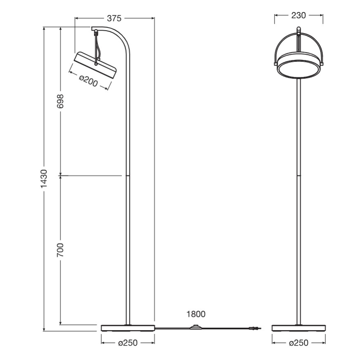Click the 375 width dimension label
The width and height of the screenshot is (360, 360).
[114, 18]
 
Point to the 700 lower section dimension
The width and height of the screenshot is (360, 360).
[61, 250]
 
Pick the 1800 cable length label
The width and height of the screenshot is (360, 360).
[195, 314]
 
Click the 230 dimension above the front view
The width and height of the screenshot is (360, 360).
[298, 15]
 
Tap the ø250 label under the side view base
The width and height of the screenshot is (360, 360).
[128, 343]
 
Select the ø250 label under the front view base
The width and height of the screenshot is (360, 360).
[299, 343]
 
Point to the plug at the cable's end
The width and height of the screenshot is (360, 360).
[253, 329]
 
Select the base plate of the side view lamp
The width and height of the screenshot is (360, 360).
[128, 328]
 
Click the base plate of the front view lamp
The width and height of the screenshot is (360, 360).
[298, 328]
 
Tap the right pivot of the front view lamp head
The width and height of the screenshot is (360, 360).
[321, 63]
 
